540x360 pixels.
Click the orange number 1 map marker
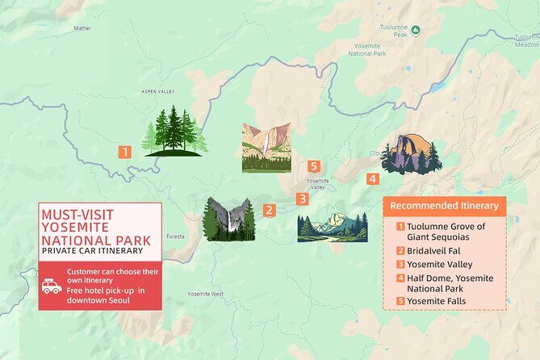coord(124,151)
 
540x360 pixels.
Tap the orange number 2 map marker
coord(270,210)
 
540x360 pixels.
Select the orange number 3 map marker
coord(302,199)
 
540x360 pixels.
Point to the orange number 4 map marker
coord(372,178)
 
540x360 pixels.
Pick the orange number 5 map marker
coord(314,166)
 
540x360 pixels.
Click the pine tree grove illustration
coord(174,131)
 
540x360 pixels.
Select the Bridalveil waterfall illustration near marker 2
coord(229,219)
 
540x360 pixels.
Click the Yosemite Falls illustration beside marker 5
coord(266,148)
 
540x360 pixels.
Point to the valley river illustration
coord(331,227)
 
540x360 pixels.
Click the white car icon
coord(52,287)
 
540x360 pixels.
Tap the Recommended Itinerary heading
coord(444,206)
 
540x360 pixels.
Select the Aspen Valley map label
coord(157,92)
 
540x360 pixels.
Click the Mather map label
coord(82,28)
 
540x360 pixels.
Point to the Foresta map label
coord(174,237)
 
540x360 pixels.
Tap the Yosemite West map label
coord(206,295)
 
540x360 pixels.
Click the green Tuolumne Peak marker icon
coord(415,31)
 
